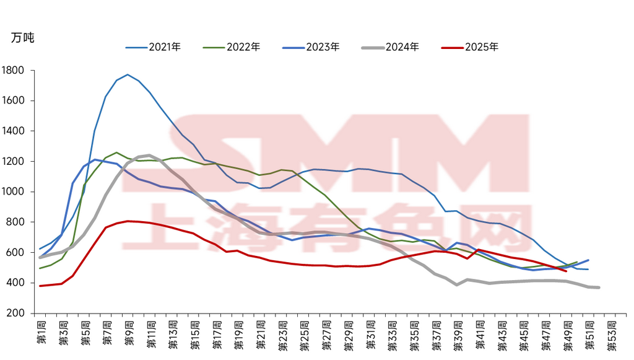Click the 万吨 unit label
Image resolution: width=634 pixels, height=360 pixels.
(23, 37)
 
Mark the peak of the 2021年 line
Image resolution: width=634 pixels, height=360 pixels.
(128, 75)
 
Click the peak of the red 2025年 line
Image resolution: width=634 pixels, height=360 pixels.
(128, 221)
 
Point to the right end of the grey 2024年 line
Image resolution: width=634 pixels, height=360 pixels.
(599, 288)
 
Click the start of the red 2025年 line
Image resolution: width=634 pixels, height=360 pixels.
(40, 286)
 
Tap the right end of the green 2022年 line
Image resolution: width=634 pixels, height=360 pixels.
(577, 262)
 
